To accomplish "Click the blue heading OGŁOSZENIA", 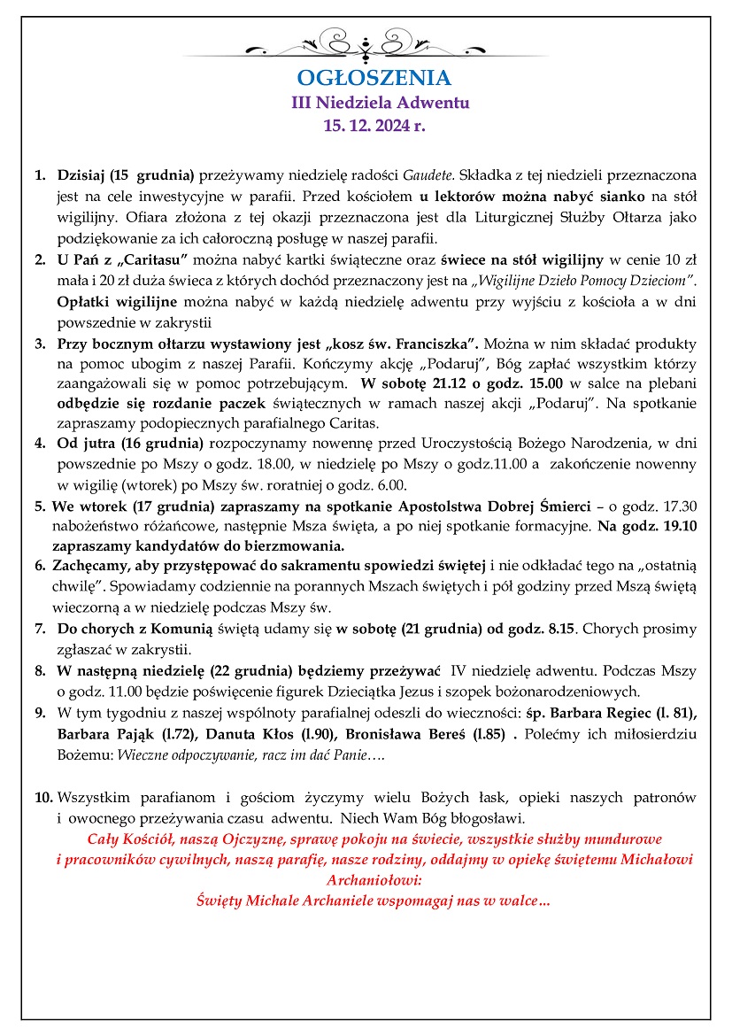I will tap(374, 77).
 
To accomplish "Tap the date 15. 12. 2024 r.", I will tap(374, 126).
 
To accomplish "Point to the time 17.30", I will tap(678, 506).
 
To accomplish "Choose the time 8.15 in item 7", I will tap(553, 629).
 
